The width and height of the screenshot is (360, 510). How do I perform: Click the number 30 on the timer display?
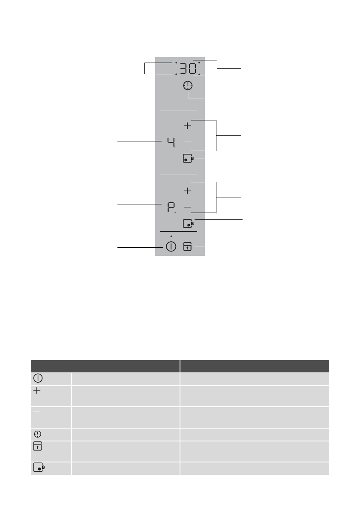coord(188,68)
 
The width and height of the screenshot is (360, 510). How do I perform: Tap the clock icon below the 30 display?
coord(188,86)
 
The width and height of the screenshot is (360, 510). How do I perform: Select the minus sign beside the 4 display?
coord(187,142)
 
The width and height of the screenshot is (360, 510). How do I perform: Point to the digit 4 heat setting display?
coord(171,142)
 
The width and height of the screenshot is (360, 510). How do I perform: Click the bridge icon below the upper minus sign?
coord(188,158)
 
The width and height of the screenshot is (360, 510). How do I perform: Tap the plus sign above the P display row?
coord(187,191)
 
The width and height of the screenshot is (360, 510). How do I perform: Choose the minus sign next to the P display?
coord(187,207)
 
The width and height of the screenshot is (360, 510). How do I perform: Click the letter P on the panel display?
coord(171,207)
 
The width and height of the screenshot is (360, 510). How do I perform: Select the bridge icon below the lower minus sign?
coord(188,223)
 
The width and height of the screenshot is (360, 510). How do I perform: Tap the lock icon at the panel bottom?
coord(187,246)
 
